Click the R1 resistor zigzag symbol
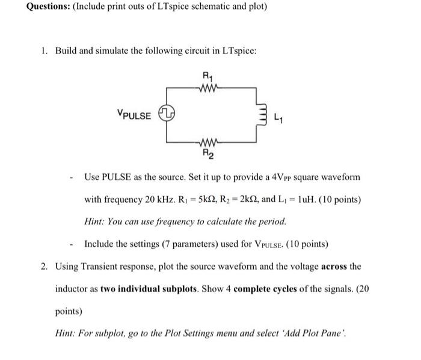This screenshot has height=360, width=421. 208,86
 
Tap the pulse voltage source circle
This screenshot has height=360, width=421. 167,113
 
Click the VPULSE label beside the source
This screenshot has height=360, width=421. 134,114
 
